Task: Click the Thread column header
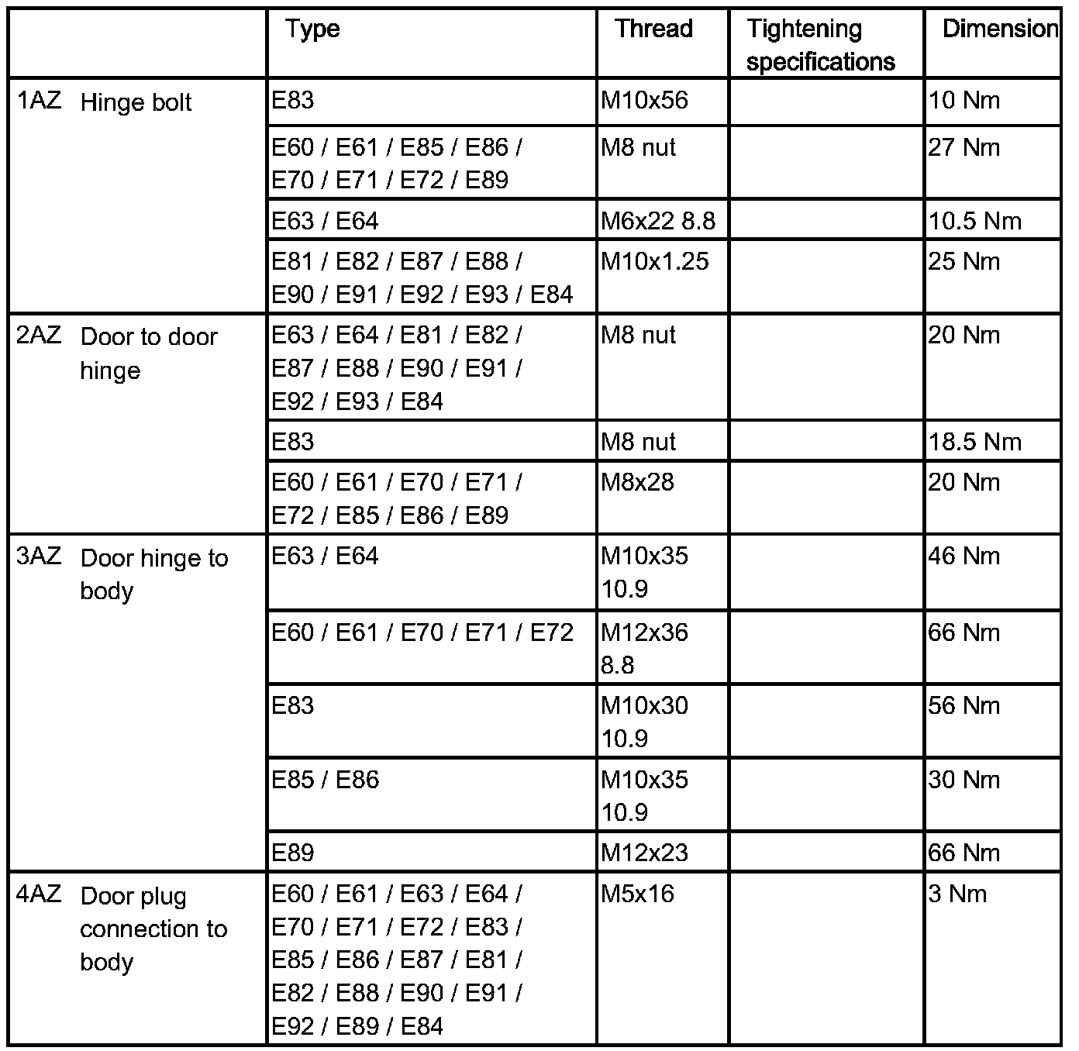[653, 29]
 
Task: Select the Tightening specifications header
[820, 45]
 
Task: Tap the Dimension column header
[1000, 29]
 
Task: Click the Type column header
[312, 29]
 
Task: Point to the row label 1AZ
[39, 101]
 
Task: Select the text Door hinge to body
[153, 574]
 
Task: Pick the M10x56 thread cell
[644, 100]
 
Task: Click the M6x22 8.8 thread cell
[658, 221]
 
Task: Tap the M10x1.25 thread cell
[654, 261]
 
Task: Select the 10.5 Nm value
[975, 221]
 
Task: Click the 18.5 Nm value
[975, 442]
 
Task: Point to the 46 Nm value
[964, 556]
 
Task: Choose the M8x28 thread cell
[637, 482]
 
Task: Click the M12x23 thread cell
[644, 853]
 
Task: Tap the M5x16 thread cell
[637, 894]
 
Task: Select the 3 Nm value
[957, 894]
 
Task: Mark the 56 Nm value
[964, 705]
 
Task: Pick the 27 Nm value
[964, 147]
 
